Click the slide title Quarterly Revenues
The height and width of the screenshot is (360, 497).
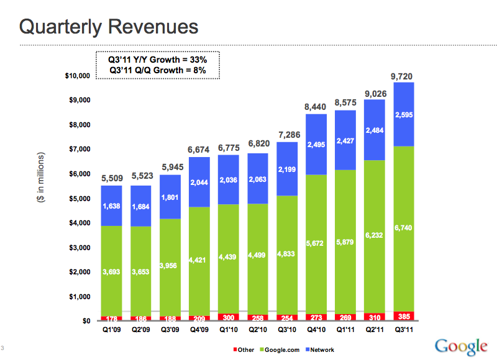(x=109, y=27)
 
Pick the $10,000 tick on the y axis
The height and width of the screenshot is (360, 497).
(x=78, y=76)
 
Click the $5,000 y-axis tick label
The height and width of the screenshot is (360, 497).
(x=80, y=199)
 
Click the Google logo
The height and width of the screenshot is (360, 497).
(x=461, y=345)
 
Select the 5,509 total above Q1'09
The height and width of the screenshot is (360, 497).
(x=112, y=179)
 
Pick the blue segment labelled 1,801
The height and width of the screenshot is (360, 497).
(x=170, y=198)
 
